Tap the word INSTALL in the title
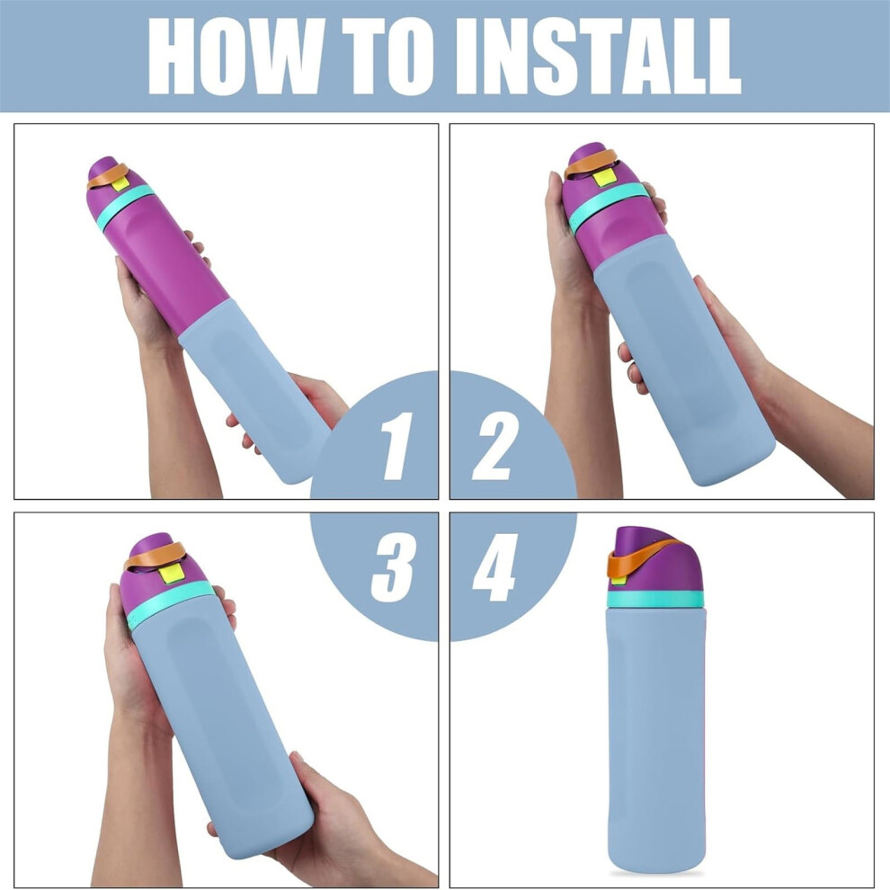tap(599, 57)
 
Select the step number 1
tap(396, 446)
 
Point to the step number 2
tap(495, 446)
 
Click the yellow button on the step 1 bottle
tap(120, 182)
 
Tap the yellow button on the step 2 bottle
tap(603, 179)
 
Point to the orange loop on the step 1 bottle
tap(107, 175)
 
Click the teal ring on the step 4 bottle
tap(655, 598)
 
